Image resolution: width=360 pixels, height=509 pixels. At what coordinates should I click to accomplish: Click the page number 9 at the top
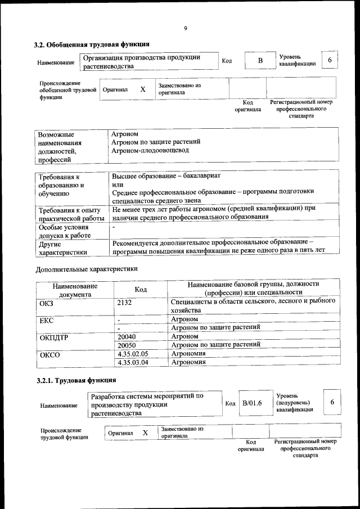(185, 29)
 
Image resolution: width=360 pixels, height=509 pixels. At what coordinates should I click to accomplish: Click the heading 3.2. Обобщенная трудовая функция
(92, 44)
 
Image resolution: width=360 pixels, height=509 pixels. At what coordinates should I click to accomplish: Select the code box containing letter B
(260, 60)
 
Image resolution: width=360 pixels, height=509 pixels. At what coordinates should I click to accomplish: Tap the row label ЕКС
(47, 319)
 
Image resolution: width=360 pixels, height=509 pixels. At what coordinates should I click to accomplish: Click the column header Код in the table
(141, 289)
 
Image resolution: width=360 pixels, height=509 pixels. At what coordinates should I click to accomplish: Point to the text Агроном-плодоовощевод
(150, 151)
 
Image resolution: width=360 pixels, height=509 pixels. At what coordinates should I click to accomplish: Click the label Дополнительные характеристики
(87, 269)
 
